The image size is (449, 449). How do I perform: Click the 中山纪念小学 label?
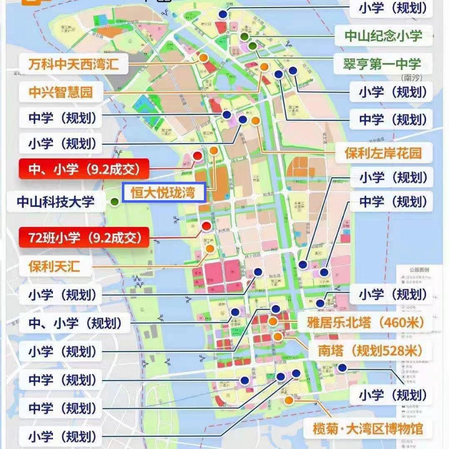click(383, 36)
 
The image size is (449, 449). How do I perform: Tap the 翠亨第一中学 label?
click(382, 64)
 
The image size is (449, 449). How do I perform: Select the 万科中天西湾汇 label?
click(73, 64)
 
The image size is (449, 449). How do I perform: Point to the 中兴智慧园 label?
click(60, 92)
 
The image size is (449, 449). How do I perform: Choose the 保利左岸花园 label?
click(383, 153)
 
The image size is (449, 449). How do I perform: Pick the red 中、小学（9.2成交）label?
click(83, 169)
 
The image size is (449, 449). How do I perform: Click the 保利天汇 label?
click(54, 266)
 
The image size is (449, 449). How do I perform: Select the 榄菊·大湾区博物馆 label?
click(367, 428)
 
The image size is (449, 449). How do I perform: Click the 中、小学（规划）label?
click(75, 323)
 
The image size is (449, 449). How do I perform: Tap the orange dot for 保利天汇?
click(210, 249)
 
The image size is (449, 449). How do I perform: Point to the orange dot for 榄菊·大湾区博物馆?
click(288, 401)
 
